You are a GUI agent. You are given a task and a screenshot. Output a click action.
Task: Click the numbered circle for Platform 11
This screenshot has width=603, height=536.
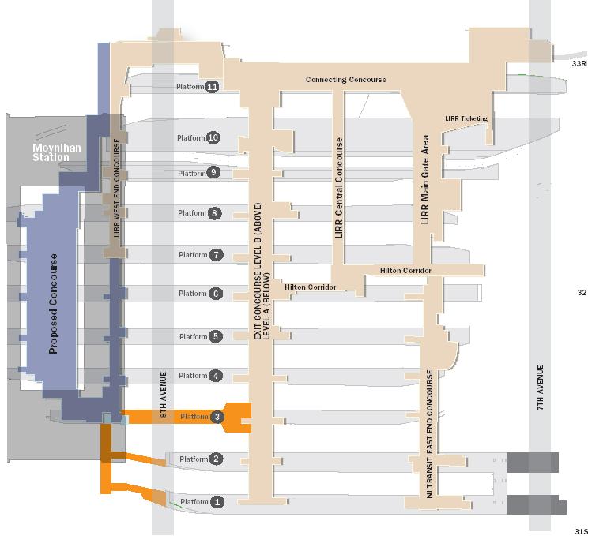click(x=212, y=87)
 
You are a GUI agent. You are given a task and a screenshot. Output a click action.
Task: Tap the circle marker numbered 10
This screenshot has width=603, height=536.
click(x=213, y=138)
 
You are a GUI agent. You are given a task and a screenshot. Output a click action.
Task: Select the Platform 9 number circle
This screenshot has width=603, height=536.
click(x=213, y=173)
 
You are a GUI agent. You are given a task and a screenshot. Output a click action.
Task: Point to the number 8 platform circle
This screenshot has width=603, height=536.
click(x=214, y=213)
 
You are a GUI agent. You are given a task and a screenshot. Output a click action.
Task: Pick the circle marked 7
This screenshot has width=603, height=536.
click(x=216, y=255)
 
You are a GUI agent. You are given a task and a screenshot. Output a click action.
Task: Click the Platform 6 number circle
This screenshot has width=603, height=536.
click(x=216, y=294)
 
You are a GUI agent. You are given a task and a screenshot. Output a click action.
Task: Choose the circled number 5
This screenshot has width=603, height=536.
click(x=216, y=337)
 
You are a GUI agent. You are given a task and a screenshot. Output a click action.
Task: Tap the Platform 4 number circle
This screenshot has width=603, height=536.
click(x=216, y=376)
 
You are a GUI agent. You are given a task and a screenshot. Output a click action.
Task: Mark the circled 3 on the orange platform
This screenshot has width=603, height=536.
click(x=217, y=417)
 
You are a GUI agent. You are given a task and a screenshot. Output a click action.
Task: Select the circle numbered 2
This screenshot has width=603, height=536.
click(x=217, y=459)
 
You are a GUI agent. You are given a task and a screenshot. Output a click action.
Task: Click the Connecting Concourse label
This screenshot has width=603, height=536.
click(x=345, y=80)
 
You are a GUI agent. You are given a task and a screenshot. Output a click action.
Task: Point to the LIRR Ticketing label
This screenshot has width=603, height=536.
click(x=466, y=118)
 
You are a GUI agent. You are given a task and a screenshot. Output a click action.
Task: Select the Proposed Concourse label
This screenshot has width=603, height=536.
click(x=54, y=303)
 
